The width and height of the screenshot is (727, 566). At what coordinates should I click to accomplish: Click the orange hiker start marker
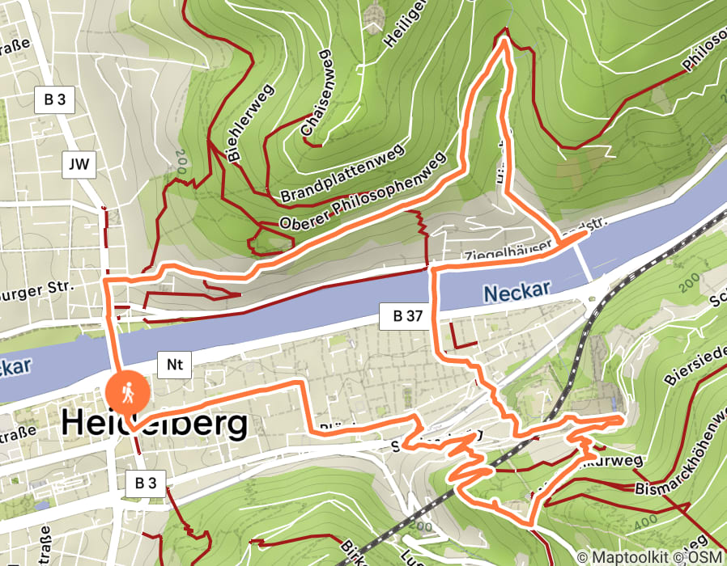128,394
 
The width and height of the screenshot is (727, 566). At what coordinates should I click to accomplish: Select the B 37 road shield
402,317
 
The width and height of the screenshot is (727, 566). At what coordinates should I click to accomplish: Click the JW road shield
79,166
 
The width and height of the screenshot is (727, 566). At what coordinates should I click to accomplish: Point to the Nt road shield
173,365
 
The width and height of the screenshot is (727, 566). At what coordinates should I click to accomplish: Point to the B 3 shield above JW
55,100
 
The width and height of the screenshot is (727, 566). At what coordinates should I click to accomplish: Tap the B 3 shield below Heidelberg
146,484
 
